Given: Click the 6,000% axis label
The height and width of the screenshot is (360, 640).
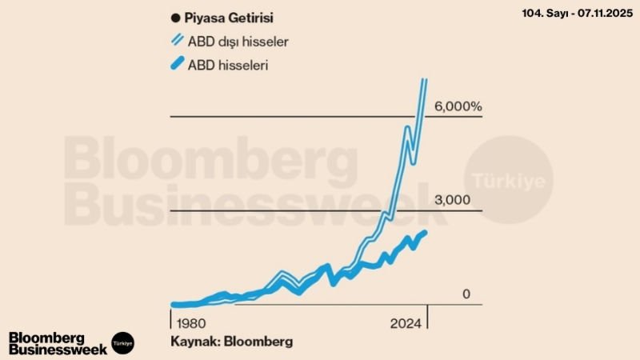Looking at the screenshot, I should click(x=458, y=107).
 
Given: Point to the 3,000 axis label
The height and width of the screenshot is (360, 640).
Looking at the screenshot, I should click(x=451, y=200).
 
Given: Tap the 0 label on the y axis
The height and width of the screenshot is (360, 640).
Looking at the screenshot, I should click(x=466, y=294).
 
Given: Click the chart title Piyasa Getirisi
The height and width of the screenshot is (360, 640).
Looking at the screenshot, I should click(x=227, y=16).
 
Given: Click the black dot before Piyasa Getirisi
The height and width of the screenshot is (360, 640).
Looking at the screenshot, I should click(x=175, y=17).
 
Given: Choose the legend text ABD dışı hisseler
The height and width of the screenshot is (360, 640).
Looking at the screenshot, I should click(x=239, y=41).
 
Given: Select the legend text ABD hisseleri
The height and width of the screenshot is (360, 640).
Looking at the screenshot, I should click(x=228, y=66).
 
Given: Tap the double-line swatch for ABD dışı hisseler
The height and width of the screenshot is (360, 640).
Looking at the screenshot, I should click(x=176, y=41).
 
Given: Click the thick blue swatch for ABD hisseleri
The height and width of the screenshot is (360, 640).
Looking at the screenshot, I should click(x=176, y=66).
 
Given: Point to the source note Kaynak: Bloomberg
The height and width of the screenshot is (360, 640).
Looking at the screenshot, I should click(x=231, y=342).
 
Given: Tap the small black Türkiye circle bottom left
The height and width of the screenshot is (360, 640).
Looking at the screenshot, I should click(x=122, y=342).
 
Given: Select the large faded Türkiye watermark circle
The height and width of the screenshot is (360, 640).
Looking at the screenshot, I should click(x=509, y=178).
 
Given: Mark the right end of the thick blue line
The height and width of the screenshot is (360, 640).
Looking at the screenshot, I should click(x=425, y=232).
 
